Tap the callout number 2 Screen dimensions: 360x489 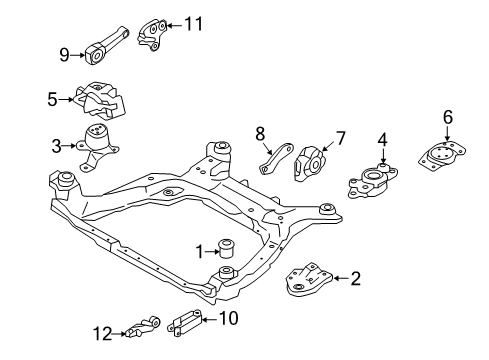[x=354, y=279]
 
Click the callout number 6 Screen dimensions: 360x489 [x=446, y=118]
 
